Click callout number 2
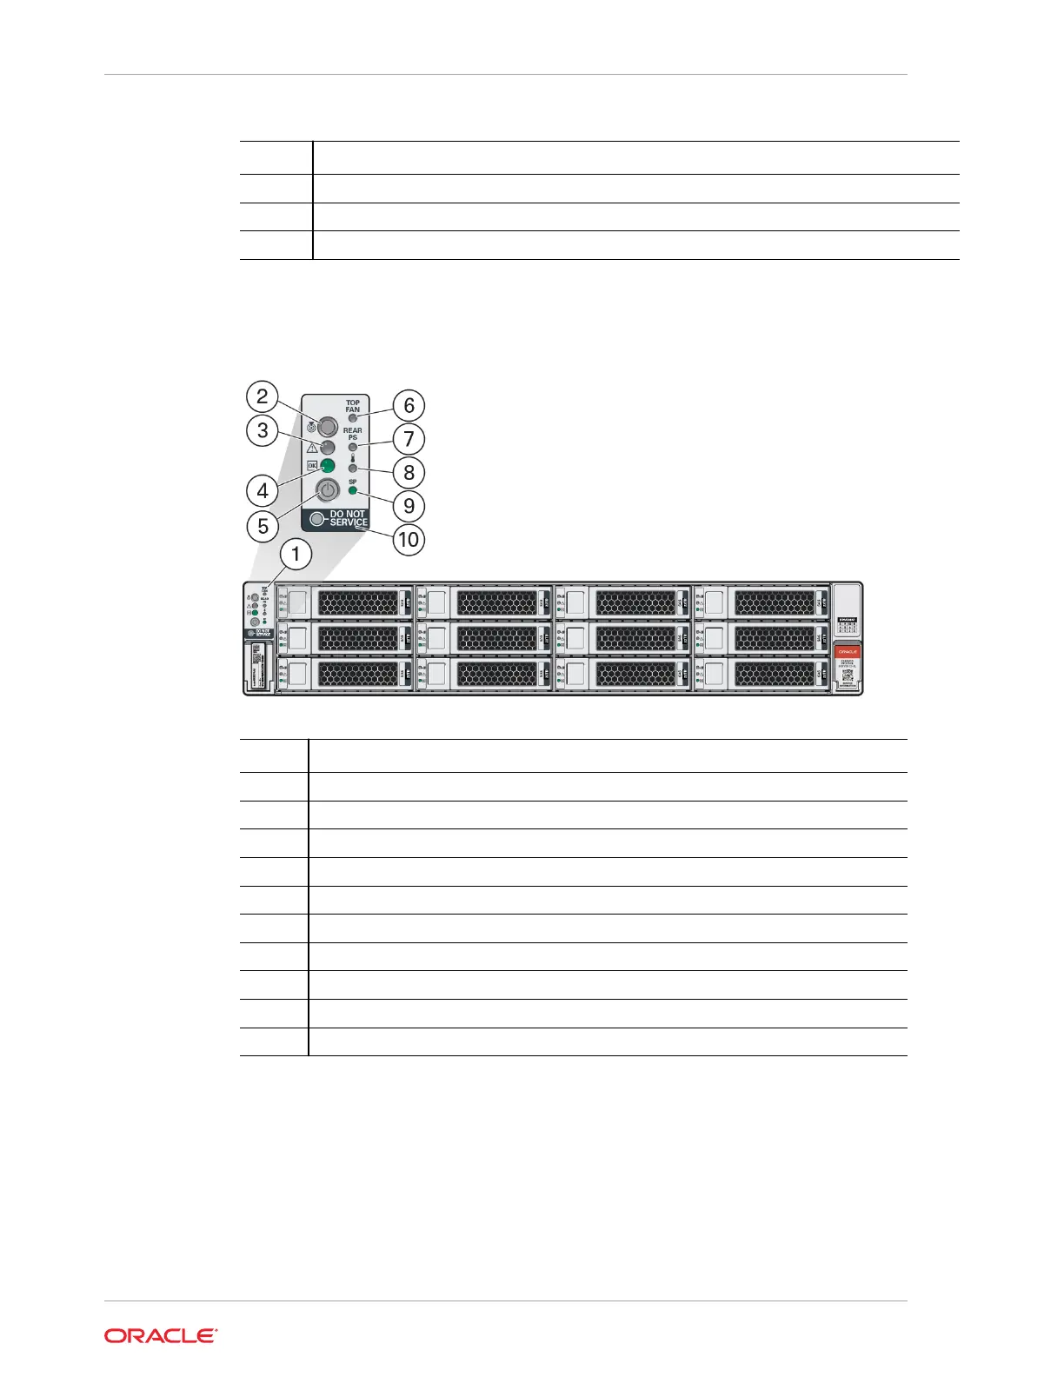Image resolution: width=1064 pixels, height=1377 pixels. pos(262,396)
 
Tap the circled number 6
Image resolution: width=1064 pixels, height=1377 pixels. pos(409,405)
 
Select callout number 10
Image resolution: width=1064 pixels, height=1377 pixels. pos(408,540)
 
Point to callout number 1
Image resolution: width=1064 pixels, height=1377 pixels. pos(296,554)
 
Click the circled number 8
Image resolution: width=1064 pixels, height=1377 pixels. pos(409,473)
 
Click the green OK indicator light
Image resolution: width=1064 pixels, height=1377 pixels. pos(328,465)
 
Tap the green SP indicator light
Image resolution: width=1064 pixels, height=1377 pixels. pos(353,491)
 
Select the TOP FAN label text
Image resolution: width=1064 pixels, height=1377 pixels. pos(353,406)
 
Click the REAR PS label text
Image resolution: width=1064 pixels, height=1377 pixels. pos(353,434)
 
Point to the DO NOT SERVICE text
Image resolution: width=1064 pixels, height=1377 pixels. pos(349,518)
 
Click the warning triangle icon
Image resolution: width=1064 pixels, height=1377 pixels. pos(312,447)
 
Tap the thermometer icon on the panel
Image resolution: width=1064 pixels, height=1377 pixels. pos(353,457)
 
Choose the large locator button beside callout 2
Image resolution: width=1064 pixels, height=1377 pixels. pos(328,426)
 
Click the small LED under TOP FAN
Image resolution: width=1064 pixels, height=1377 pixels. pos(353,418)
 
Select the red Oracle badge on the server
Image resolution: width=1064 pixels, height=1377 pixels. pos(848,651)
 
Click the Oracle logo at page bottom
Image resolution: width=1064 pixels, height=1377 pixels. pos(161,1336)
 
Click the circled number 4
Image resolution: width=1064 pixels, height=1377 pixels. pos(263,491)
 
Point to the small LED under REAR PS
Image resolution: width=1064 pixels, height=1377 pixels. pos(353,447)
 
